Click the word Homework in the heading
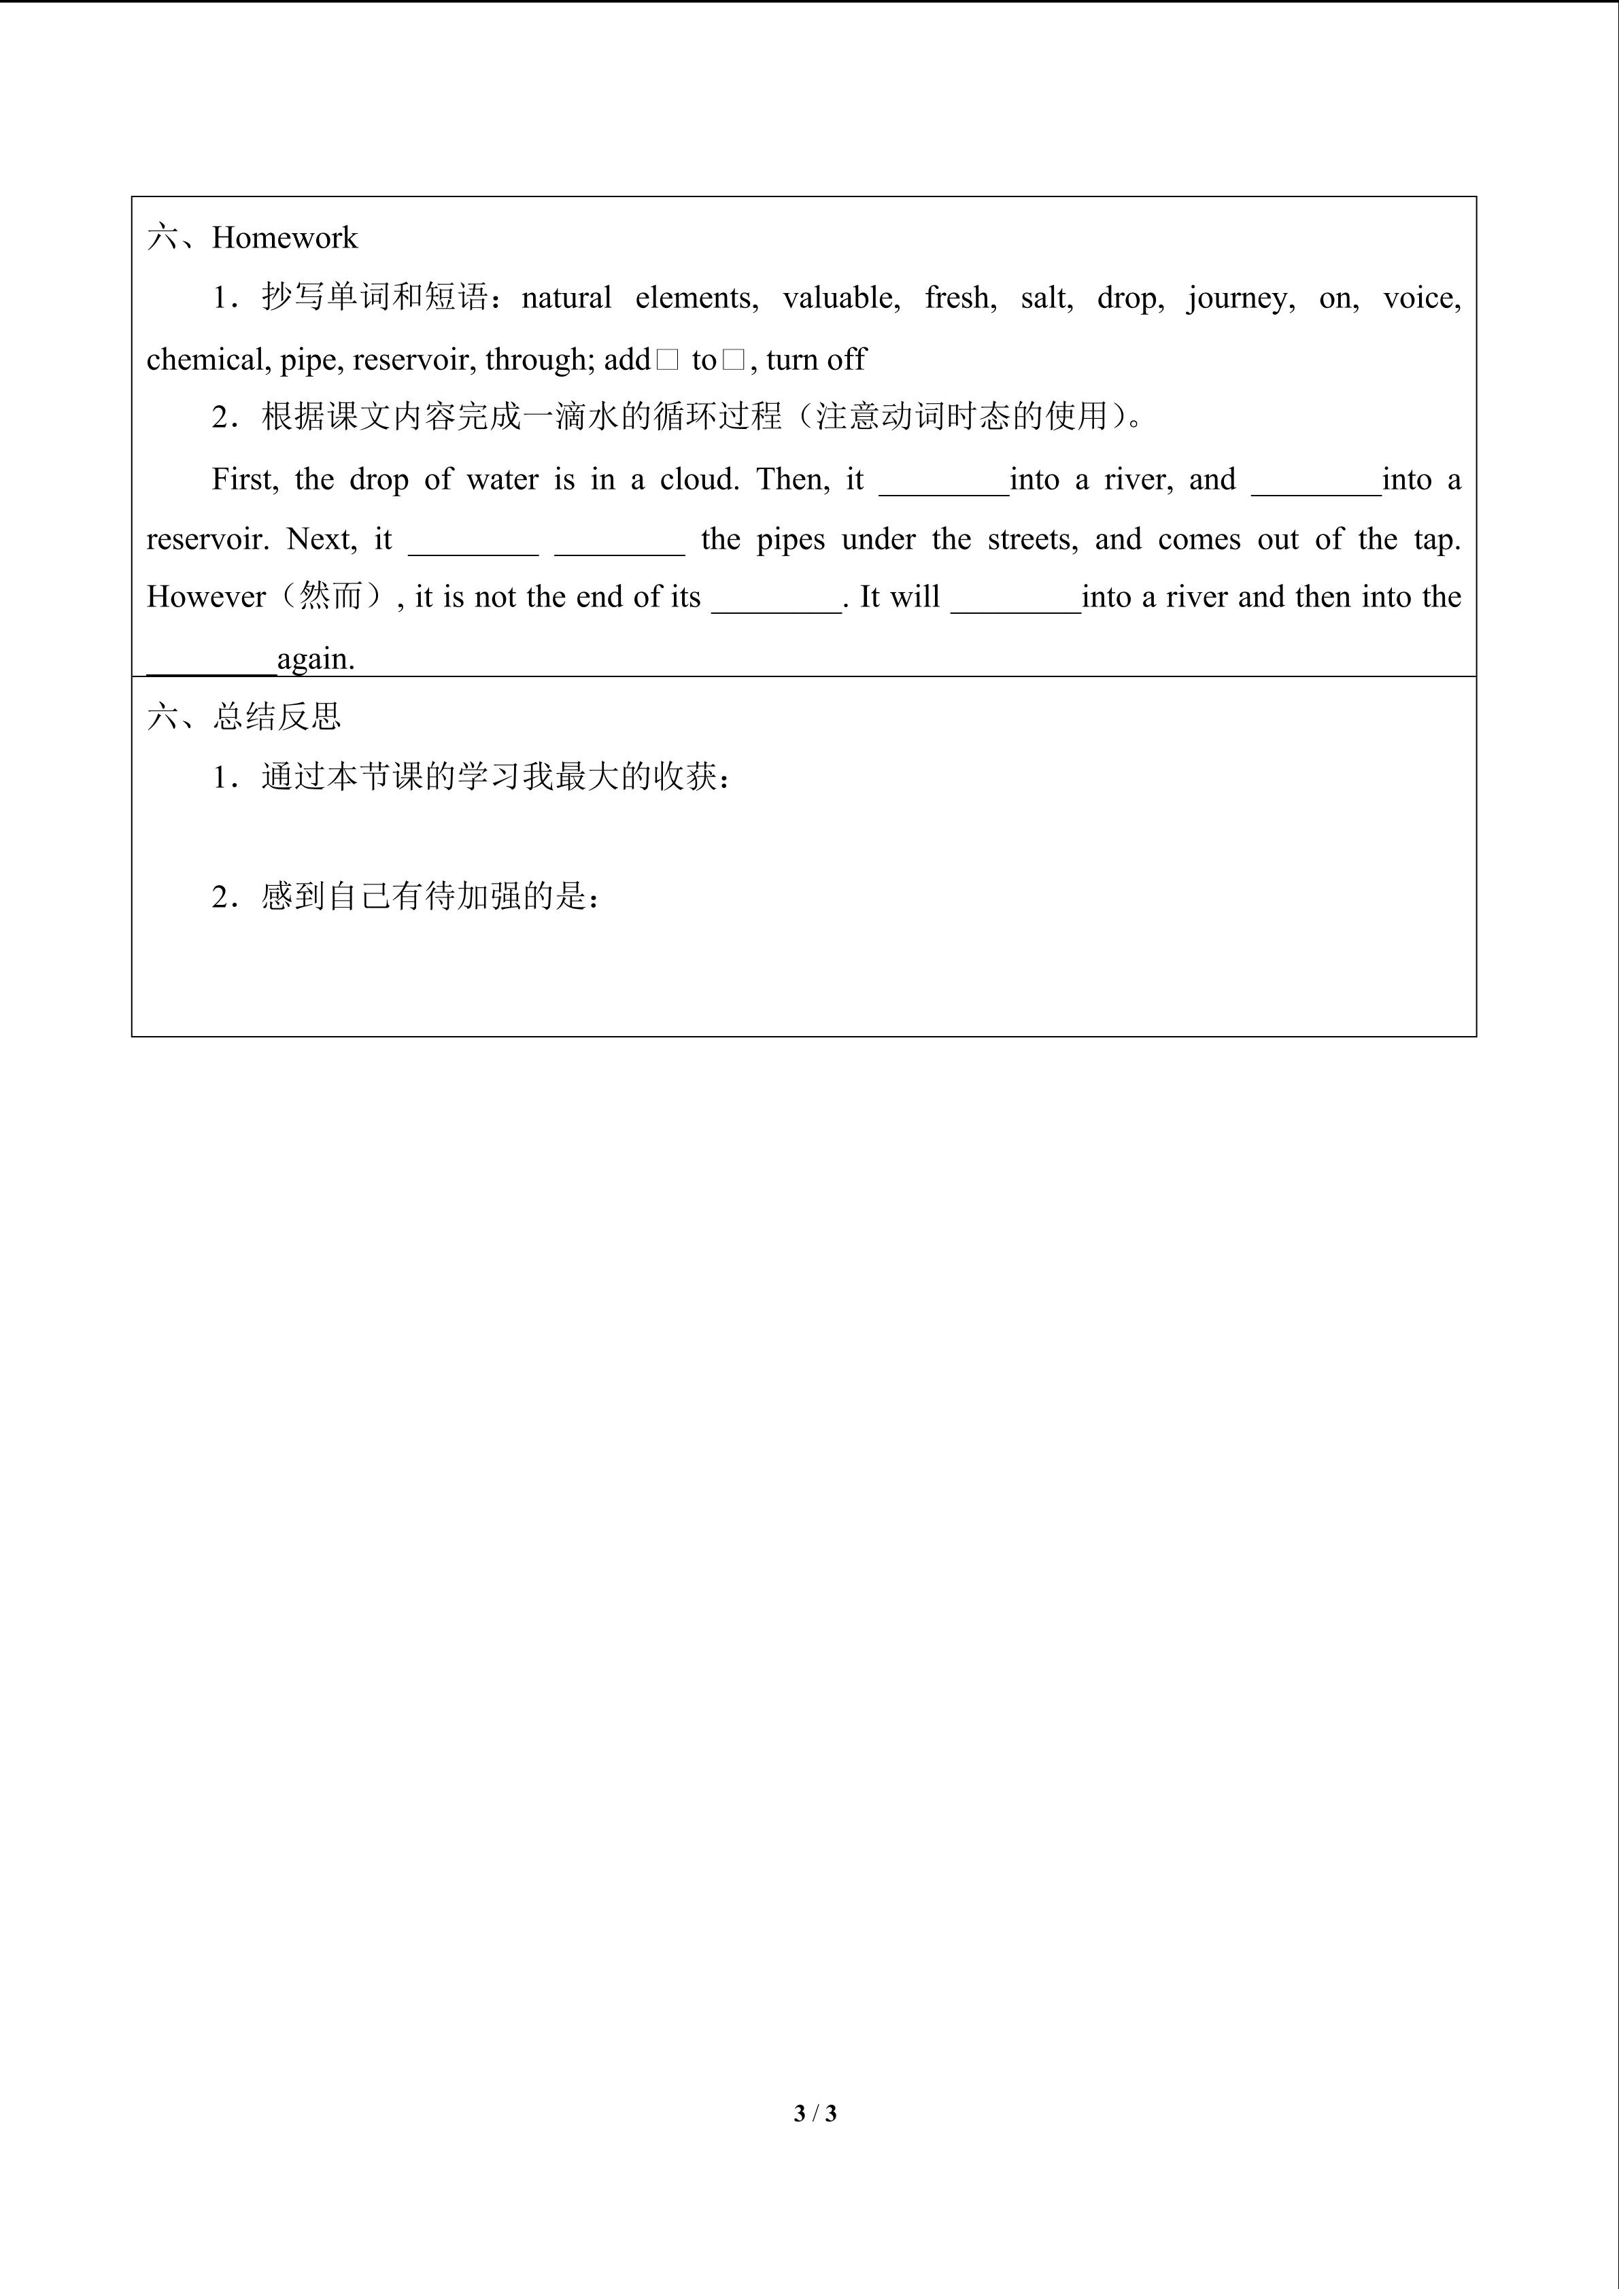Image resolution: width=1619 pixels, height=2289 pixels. tap(284, 238)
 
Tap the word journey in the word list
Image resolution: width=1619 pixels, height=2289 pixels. tap(1240, 298)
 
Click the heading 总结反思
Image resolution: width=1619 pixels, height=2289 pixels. tap(276, 717)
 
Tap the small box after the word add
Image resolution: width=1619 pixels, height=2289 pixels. tap(667, 360)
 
